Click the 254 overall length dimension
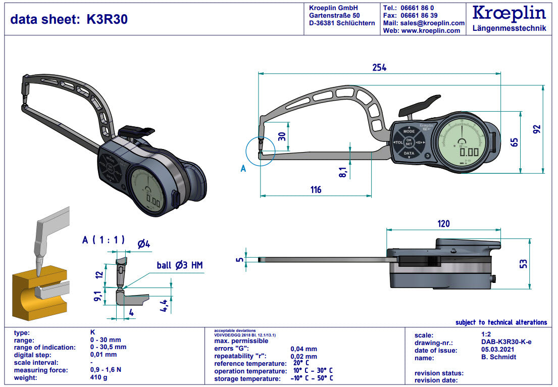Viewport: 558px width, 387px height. click(379, 67)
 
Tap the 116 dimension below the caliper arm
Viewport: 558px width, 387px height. click(316, 190)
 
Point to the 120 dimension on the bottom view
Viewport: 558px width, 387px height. click(443, 223)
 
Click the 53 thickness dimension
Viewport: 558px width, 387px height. click(523, 263)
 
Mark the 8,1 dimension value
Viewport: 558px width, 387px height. click(343, 172)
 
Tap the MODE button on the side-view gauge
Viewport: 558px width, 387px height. click(409, 131)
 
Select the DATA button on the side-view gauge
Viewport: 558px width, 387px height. click(409, 153)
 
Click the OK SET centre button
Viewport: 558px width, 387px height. click(409, 142)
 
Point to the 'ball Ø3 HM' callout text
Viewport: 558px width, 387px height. click(180, 265)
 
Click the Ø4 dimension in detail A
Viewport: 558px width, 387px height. click(144, 244)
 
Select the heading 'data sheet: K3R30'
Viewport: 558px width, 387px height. click(69, 19)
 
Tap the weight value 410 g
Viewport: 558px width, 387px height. click(98, 377)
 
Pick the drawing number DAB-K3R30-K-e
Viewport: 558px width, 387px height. click(506, 342)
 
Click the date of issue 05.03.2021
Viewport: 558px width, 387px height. click(499, 350)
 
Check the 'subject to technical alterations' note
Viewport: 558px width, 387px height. click(501, 322)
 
